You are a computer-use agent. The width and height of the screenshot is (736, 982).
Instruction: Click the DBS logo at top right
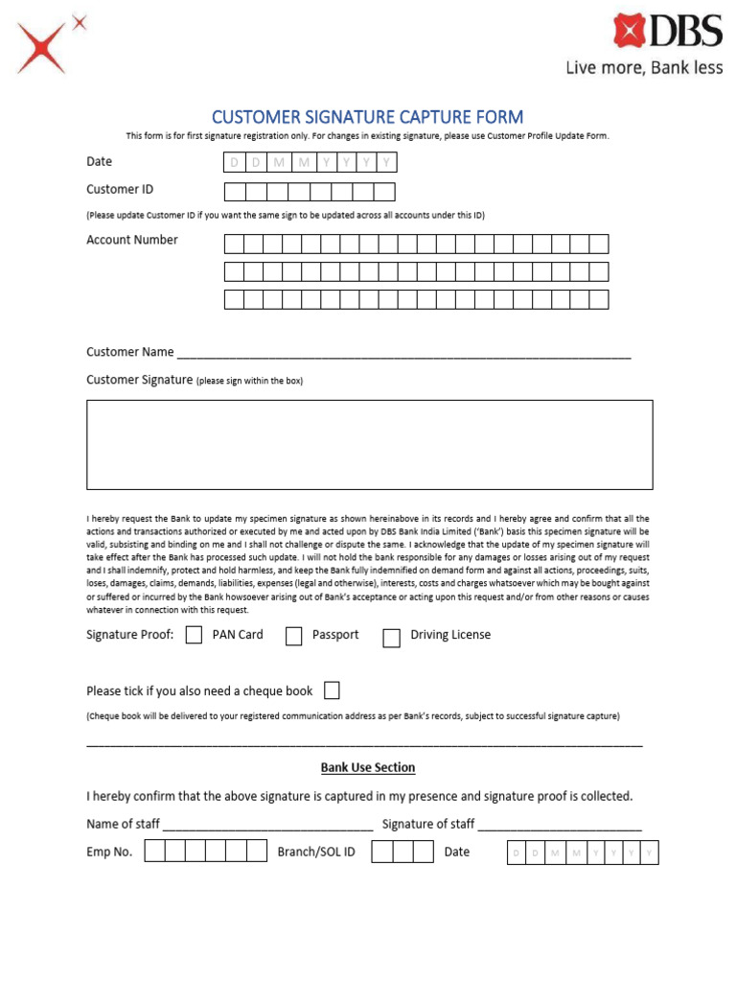668,31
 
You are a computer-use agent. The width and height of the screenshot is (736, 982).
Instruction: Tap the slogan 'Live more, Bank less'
644,68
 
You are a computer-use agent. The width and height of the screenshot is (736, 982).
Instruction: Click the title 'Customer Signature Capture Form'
367,117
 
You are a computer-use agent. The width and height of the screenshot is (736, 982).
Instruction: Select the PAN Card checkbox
194,635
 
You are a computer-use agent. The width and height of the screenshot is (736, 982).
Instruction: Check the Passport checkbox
294,637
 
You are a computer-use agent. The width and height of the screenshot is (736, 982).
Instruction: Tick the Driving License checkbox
391,638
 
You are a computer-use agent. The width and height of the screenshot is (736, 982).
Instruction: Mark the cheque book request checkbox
332,690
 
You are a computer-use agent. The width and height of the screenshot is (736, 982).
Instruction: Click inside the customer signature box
369,445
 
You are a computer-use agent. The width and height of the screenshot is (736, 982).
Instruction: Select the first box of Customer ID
234,191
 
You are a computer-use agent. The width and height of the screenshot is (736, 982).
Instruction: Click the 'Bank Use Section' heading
368,768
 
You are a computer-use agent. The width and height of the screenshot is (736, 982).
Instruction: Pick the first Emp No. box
154,852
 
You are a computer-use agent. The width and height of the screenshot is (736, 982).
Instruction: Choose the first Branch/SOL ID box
381,852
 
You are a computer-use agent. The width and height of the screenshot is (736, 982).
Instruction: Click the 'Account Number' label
132,240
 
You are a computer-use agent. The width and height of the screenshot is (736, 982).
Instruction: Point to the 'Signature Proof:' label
130,635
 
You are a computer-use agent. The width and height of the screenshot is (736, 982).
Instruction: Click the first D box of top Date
234,163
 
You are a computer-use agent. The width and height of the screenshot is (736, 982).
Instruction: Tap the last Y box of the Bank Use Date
649,853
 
